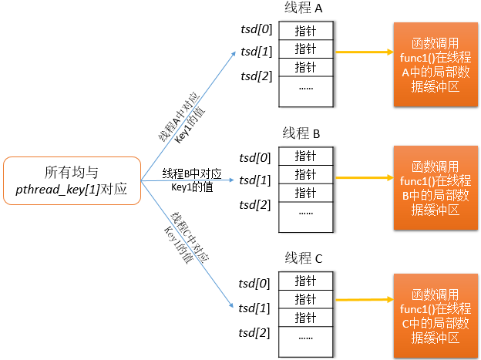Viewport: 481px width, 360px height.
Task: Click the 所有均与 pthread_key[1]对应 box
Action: (x=72, y=180)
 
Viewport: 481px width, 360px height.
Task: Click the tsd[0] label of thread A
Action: (x=255, y=29)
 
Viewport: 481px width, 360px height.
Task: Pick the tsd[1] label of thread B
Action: (x=255, y=180)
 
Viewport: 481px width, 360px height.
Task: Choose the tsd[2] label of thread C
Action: (x=255, y=332)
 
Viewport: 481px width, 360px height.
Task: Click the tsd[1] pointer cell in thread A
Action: (x=305, y=49)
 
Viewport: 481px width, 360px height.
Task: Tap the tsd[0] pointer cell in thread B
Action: (x=305, y=155)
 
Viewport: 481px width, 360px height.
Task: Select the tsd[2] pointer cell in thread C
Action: (x=305, y=317)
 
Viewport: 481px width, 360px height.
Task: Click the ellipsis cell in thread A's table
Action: (x=305, y=89)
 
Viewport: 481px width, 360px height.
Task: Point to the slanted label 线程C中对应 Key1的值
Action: (x=185, y=239)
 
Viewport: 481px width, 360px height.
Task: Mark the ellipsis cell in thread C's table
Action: (x=305, y=338)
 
